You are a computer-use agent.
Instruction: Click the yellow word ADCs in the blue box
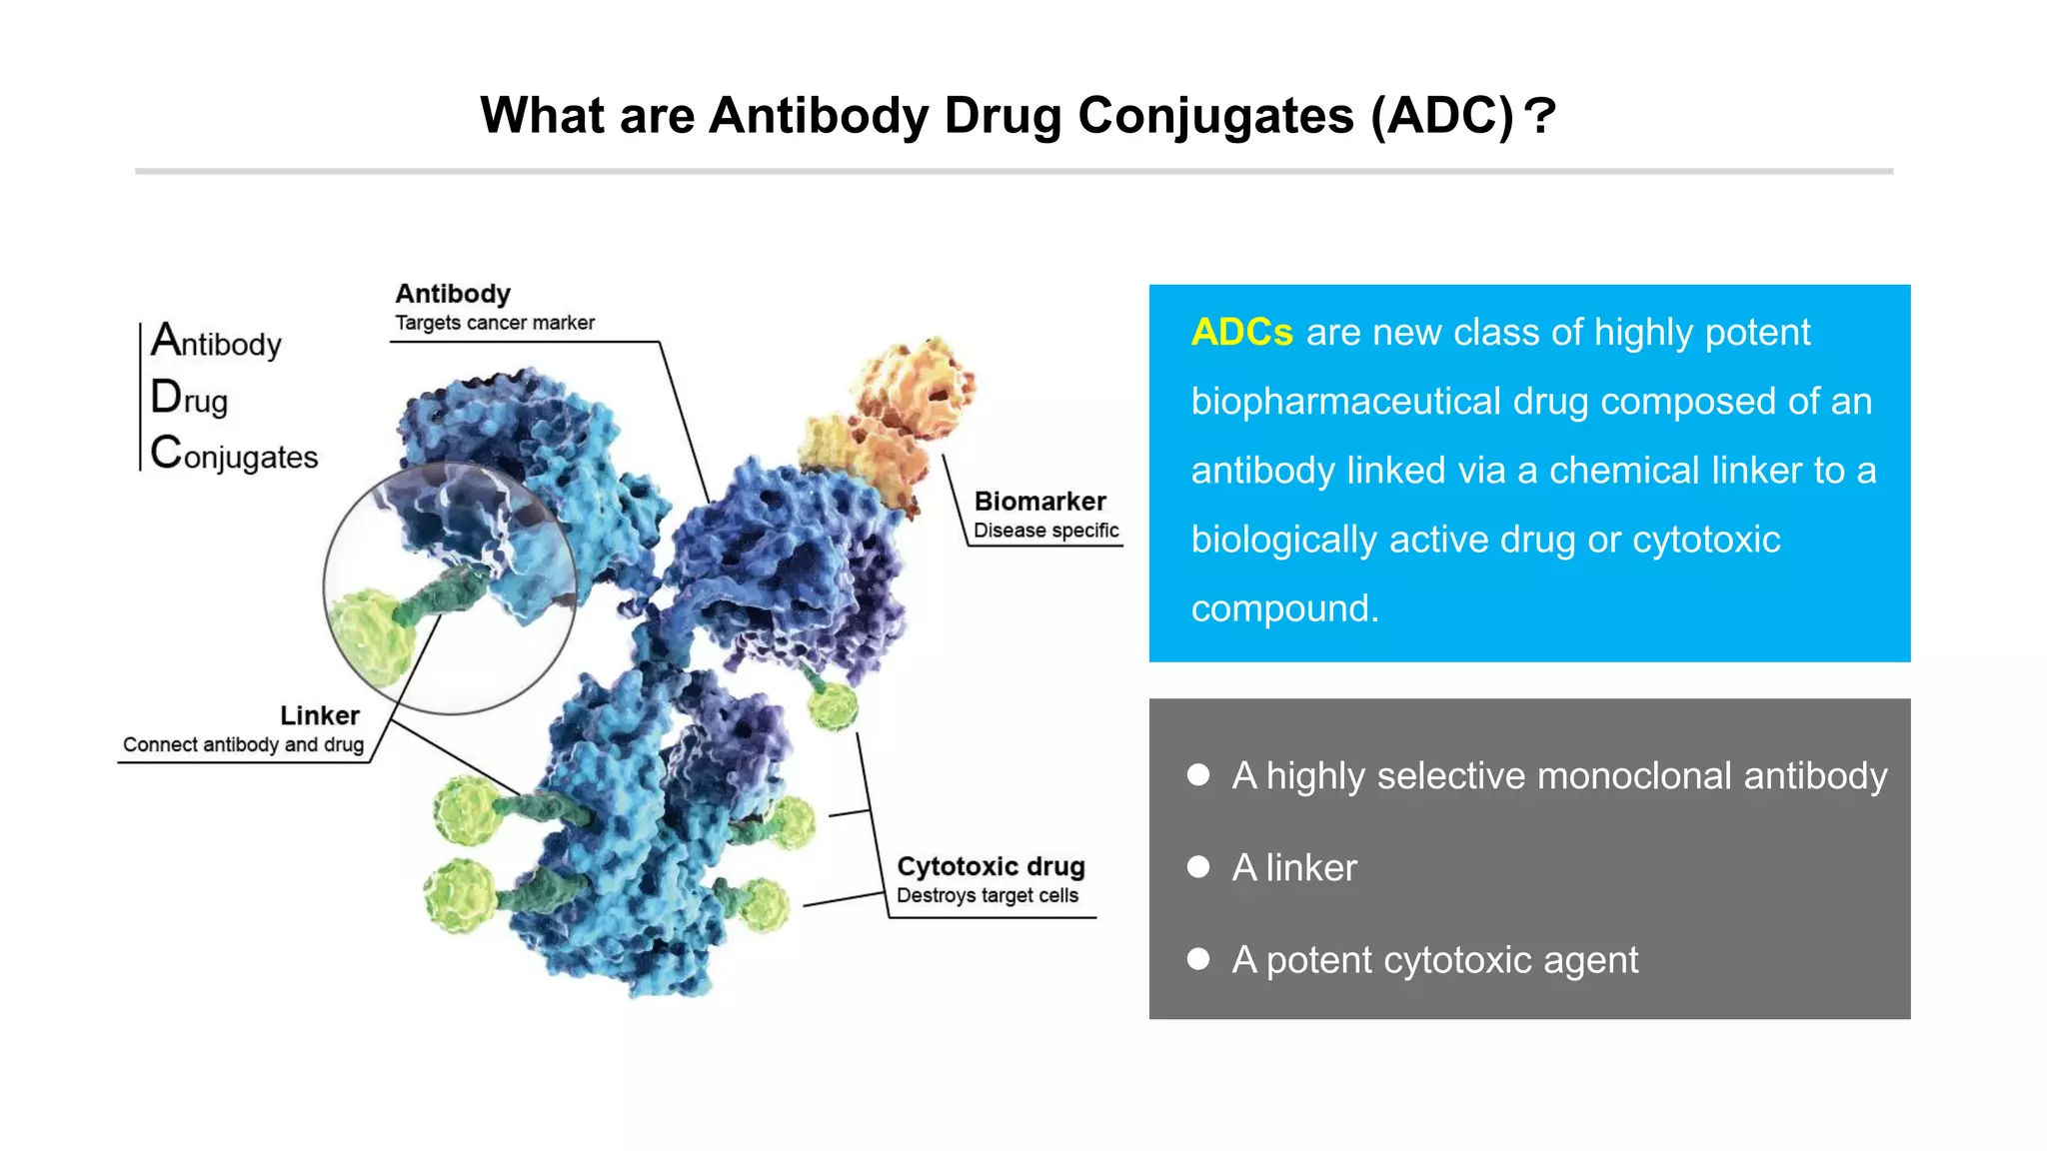click(x=1241, y=333)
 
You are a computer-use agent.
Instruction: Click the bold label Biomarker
click(x=1039, y=502)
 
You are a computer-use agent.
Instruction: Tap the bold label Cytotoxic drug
click(x=990, y=866)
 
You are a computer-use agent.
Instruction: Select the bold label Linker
click(x=319, y=715)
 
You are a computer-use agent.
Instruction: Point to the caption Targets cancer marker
click(x=494, y=323)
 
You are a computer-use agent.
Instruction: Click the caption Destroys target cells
click(x=987, y=895)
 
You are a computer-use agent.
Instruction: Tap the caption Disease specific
click(x=1045, y=531)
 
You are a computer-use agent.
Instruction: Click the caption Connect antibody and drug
click(x=243, y=744)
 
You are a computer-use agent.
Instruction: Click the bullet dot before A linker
click(x=1198, y=867)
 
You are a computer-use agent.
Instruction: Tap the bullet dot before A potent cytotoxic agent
click(x=1198, y=959)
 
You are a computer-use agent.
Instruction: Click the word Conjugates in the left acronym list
click(x=234, y=455)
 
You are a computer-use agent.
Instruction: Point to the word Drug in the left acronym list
click(x=189, y=399)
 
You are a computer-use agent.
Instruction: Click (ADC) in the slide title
click(x=1442, y=116)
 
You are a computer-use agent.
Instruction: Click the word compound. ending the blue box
click(x=1284, y=608)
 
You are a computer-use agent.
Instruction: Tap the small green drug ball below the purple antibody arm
click(x=833, y=706)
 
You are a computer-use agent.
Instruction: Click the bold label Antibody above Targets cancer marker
click(x=452, y=294)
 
